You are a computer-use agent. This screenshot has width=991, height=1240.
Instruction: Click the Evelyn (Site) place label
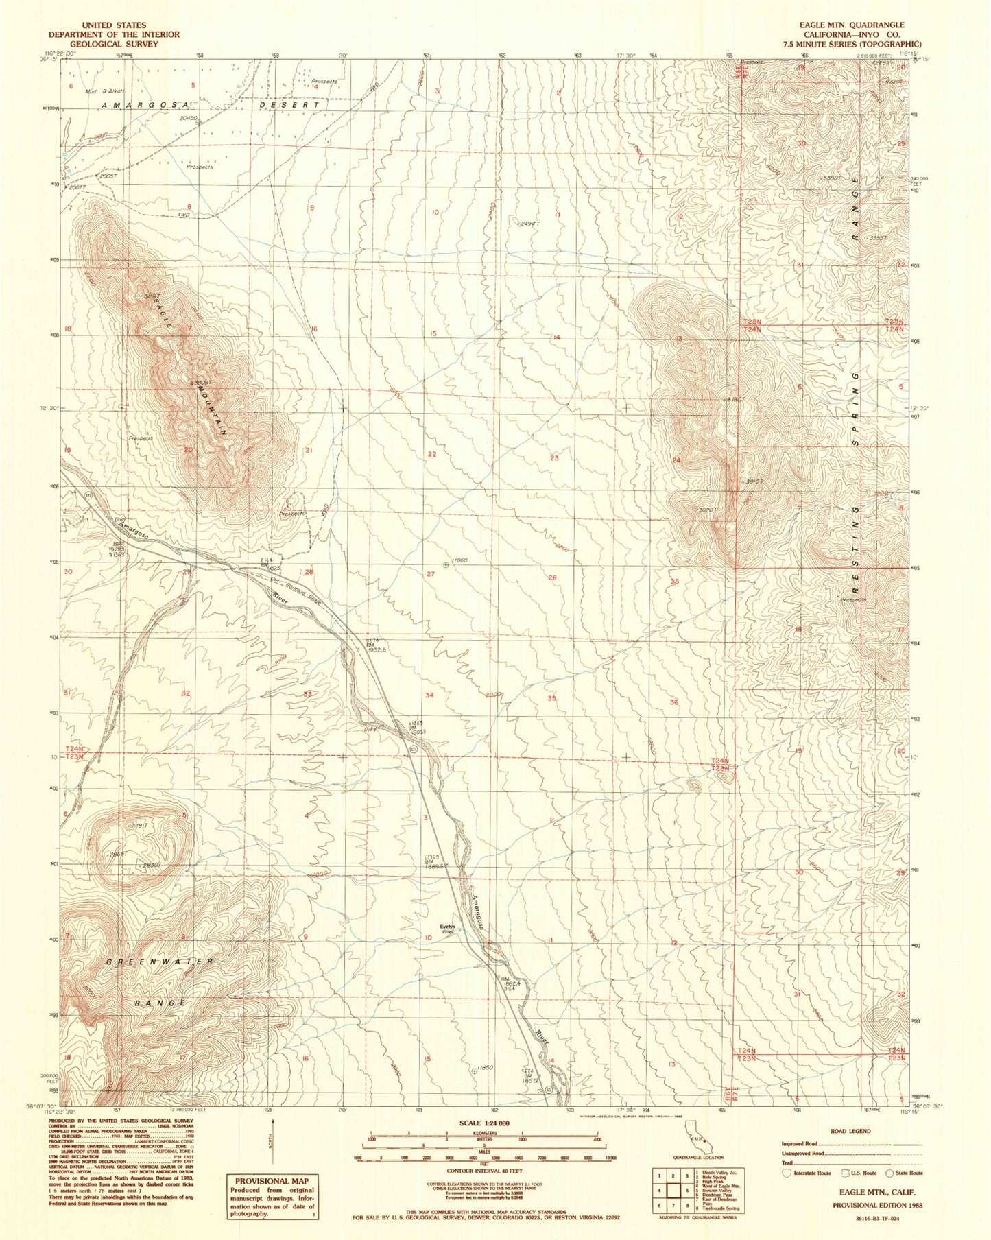pos(448,928)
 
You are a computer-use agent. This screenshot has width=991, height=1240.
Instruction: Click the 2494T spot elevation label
pos(529,224)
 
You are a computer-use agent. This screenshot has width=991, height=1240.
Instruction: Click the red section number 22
pos(432,454)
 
